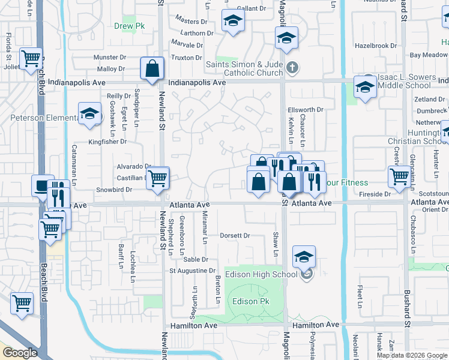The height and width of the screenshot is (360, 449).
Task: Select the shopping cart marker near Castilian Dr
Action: pyautogui.click(x=157, y=178)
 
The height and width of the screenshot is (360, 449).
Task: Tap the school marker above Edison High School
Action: pyautogui.click(x=304, y=258)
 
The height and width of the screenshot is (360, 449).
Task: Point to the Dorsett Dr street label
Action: pyautogui.click(x=235, y=236)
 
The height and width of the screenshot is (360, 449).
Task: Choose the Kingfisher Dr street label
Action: pyautogui.click(x=108, y=142)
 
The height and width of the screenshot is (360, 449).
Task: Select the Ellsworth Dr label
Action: pyautogui.click(x=306, y=110)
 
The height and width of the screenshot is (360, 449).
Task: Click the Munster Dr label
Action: pyautogui.click(x=109, y=57)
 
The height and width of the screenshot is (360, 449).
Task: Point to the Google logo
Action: pyautogui.click(x=20, y=353)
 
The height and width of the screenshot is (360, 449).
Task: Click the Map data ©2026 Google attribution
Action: pyautogui.click(x=412, y=355)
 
